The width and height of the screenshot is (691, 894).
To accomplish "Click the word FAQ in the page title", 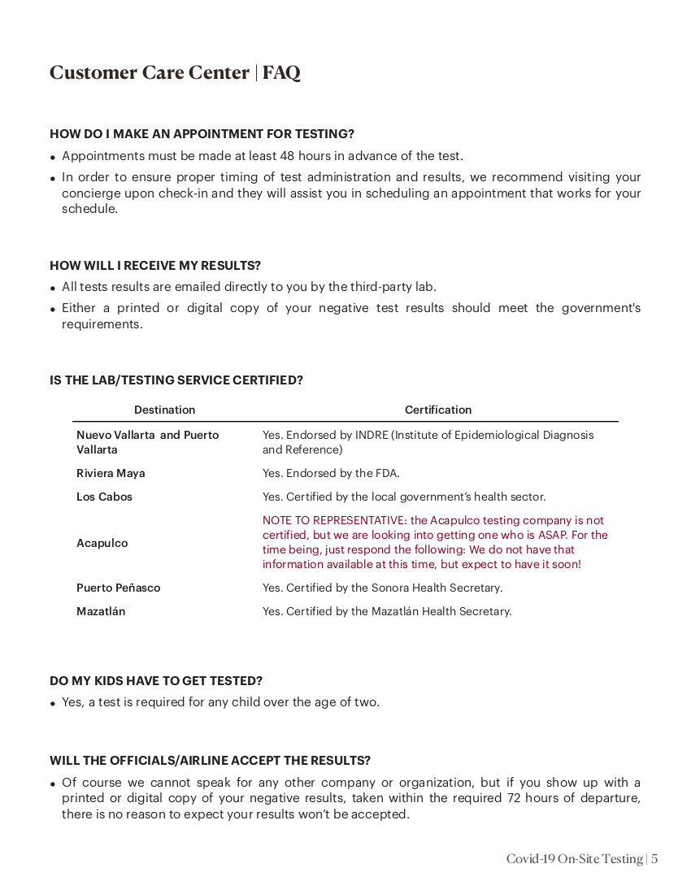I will click(281, 73).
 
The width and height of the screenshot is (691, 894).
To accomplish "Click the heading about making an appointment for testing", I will click(202, 134).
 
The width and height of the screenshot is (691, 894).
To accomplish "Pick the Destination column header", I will click(164, 410).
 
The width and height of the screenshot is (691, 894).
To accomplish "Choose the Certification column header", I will click(437, 410).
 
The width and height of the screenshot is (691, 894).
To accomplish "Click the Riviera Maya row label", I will click(111, 473).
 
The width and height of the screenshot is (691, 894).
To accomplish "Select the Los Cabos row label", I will click(104, 497).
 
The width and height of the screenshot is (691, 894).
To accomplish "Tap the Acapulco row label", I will click(102, 543).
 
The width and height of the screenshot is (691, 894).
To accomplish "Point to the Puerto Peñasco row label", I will click(118, 588).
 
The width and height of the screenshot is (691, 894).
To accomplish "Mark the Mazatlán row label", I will click(101, 611).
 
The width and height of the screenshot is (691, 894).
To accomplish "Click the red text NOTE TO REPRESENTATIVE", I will click(334, 520).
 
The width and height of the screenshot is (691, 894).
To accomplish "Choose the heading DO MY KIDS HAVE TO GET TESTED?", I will click(156, 681).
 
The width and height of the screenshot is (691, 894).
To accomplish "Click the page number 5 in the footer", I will click(654, 859).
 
